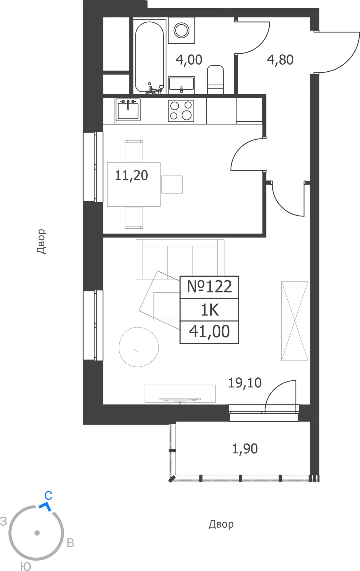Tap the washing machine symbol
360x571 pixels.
coord(181,30)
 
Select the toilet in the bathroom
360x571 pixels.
coord(215,80)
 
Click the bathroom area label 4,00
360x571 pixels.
coord(189,60)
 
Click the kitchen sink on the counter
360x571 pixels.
coord(128,110)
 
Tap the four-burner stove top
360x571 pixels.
coord(181,111)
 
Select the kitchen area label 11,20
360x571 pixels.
coord(131,176)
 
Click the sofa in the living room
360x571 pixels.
coord(180,259)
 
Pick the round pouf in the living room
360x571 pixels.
coord(139,347)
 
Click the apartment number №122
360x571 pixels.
coord(209,287)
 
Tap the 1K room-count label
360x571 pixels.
coord(210,310)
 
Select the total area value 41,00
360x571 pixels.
coord(209,331)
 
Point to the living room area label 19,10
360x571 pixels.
coord(245,383)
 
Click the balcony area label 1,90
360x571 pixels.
coord(245,449)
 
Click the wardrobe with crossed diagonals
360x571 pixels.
coord(295,321)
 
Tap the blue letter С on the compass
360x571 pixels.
coord(48,496)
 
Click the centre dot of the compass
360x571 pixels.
coord(37,533)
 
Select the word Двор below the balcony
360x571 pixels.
coord(221,524)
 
